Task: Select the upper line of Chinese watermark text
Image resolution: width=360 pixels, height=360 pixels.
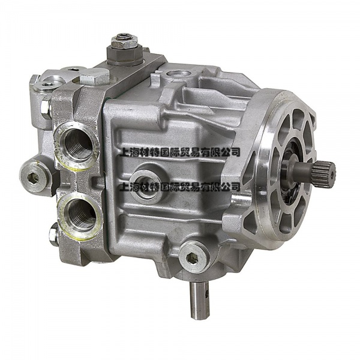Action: coord(179,152)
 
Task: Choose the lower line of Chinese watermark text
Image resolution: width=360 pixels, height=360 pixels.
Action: coord(179,187)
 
